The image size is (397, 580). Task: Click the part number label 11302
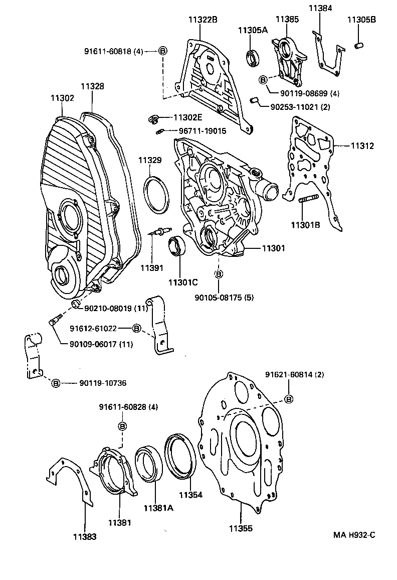pos(62,98)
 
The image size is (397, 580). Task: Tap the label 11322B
pos(203,20)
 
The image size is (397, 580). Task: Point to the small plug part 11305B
pos(358,46)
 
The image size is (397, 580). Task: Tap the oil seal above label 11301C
pos(176,247)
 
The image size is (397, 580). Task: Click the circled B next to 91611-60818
pos(162,51)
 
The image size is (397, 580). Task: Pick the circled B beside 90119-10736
pos(56,383)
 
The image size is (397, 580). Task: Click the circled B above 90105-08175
pos(219,274)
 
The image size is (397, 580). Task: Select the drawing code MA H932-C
pos(354,535)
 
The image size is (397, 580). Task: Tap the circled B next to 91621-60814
pos(289,399)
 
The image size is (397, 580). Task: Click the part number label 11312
pos(362,146)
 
